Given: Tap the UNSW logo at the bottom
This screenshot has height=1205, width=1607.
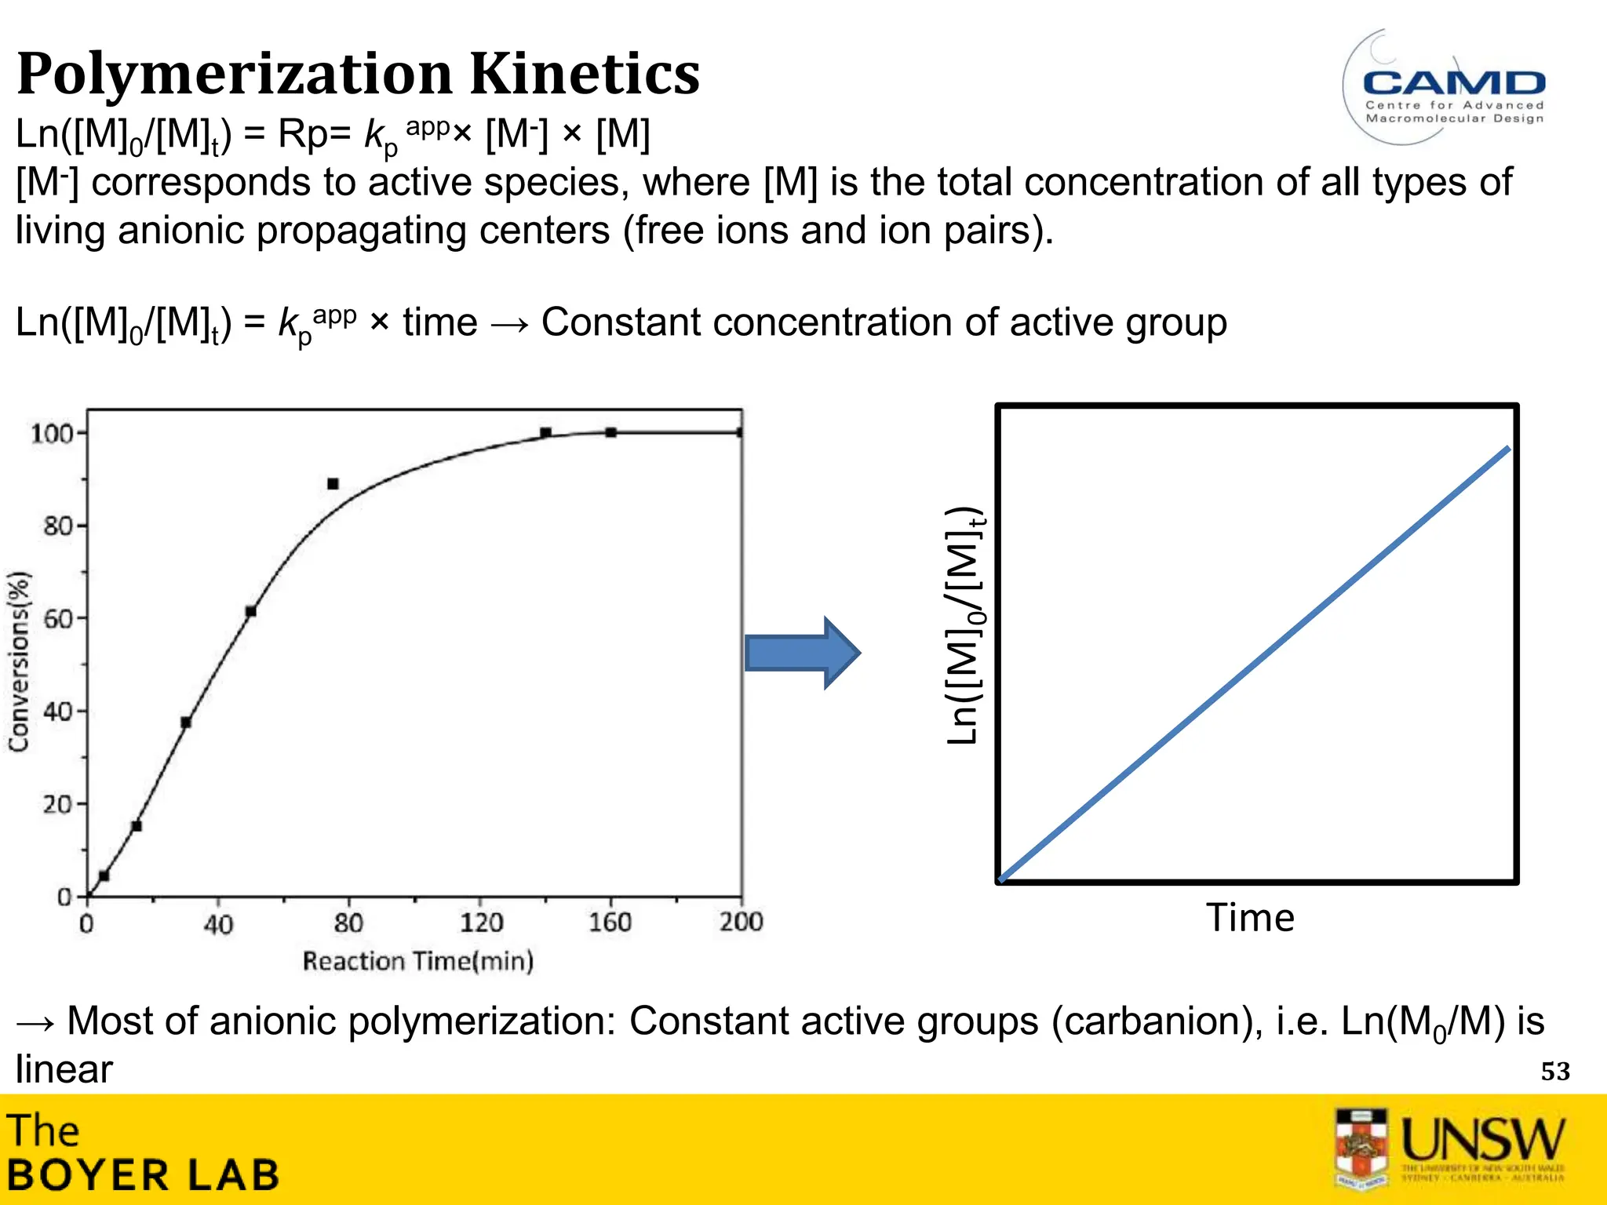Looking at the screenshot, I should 1450,1147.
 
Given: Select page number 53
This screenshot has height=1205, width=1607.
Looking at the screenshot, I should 1554,1072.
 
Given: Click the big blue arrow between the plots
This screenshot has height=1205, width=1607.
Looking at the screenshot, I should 802,653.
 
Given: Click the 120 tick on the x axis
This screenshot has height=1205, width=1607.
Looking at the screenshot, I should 480,922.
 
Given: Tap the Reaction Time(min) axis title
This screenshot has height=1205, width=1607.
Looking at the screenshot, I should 418,961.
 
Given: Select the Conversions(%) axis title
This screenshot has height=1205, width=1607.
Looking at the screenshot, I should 20,661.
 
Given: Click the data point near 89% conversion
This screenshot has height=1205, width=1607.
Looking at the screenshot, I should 333,484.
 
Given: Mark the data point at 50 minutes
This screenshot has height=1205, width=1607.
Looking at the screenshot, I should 250,611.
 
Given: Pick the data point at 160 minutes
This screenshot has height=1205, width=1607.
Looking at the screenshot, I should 610,432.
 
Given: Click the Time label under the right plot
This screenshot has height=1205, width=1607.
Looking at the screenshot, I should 1250,918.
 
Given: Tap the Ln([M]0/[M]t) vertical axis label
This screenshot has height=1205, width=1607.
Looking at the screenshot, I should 964,626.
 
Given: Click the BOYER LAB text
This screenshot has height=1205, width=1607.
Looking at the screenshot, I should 144,1175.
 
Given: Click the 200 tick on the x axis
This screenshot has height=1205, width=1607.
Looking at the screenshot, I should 741,922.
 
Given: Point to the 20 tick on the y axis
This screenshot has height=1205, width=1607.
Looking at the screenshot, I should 57,804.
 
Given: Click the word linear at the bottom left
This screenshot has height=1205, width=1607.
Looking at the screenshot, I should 64,1069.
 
